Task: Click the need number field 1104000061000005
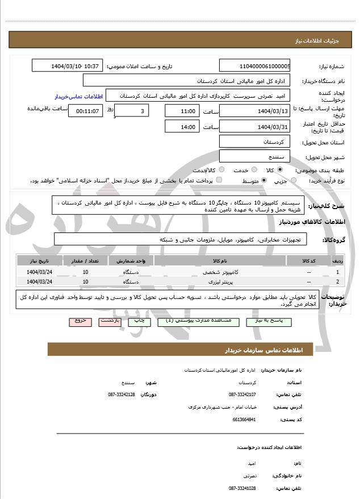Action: [x=254, y=66]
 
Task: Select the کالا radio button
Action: [x=280, y=170]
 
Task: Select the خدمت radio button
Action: [x=253, y=170]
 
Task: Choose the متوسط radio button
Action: [x=264, y=181]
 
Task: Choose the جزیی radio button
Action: [x=294, y=181]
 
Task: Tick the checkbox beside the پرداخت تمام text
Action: [x=219, y=181]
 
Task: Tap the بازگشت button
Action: [x=110, y=321]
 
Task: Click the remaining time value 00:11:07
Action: [x=86, y=111]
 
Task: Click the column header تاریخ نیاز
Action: [x=39, y=261]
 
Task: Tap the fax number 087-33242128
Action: [x=122, y=394]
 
